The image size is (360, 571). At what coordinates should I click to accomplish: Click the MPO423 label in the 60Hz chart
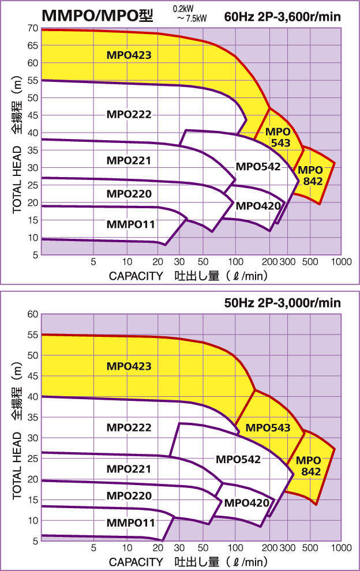(129, 55)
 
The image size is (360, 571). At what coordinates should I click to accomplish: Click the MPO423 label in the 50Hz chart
(129, 366)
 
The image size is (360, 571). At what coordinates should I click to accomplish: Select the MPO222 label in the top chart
(129, 114)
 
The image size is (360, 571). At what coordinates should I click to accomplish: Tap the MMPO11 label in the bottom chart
(131, 523)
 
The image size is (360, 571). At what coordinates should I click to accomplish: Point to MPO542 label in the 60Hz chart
(258, 167)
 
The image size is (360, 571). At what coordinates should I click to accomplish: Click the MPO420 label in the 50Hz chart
(247, 503)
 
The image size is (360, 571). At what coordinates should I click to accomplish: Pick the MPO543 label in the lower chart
(268, 428)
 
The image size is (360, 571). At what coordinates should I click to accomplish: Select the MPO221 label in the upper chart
(129, 160)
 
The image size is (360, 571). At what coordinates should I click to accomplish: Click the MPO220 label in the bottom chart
(129, 495)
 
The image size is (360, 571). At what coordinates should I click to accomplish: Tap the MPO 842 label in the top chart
(309, 175)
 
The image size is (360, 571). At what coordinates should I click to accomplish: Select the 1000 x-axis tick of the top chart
(342, 261)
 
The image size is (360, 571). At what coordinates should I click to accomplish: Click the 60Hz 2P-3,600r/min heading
(283, 17)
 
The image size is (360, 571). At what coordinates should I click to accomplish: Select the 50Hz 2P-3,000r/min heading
(283, 302)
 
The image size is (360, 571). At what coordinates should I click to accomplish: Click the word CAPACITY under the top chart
(136, 275)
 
